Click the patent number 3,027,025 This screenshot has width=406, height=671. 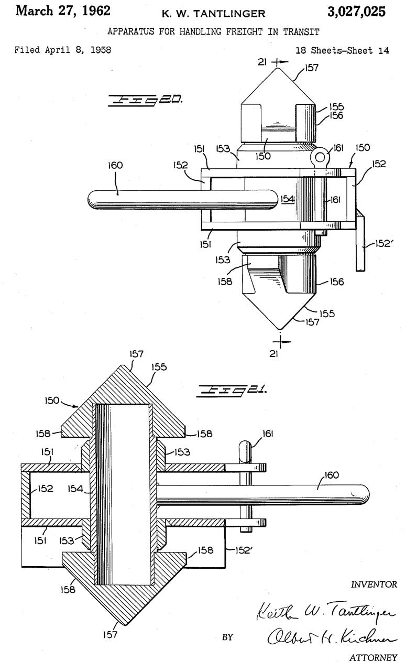[356, 12]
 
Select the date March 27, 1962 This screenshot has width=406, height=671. [63, 11]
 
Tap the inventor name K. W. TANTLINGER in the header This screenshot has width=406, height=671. [214, 14]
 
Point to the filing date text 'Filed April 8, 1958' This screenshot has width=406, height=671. [62, 50]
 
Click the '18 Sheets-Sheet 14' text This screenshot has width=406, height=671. [342, 50]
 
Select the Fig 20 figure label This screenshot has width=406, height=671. [145, 101]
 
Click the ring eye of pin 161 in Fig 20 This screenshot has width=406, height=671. [320, 156]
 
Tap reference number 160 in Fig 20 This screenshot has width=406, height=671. [115, 165]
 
